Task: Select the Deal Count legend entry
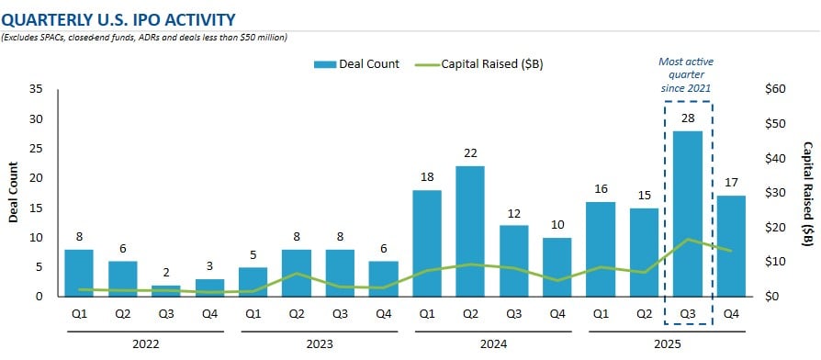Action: (356, 64)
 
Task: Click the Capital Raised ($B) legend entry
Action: (477, 64)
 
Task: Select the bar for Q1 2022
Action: (79, 272)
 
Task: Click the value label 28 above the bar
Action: (688, 118)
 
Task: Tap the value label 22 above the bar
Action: (470, 153)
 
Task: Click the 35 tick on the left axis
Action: (36, 90)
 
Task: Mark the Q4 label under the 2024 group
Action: (557, 313)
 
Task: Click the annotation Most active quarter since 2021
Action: (688, 73)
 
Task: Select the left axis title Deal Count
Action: (14, 193)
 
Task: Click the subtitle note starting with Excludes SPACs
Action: (145, 37)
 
